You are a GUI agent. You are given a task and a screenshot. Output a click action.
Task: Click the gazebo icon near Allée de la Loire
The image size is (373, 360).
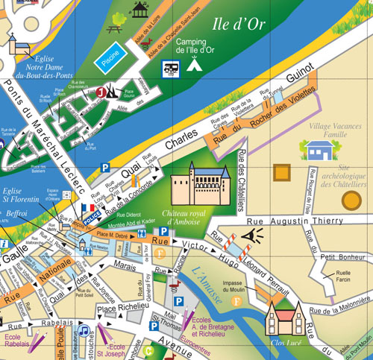coord(139,9)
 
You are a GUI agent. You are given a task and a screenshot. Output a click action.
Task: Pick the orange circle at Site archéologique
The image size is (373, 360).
coord(351,200)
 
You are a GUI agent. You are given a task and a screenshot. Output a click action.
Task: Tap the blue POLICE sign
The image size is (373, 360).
coord(92,221)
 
